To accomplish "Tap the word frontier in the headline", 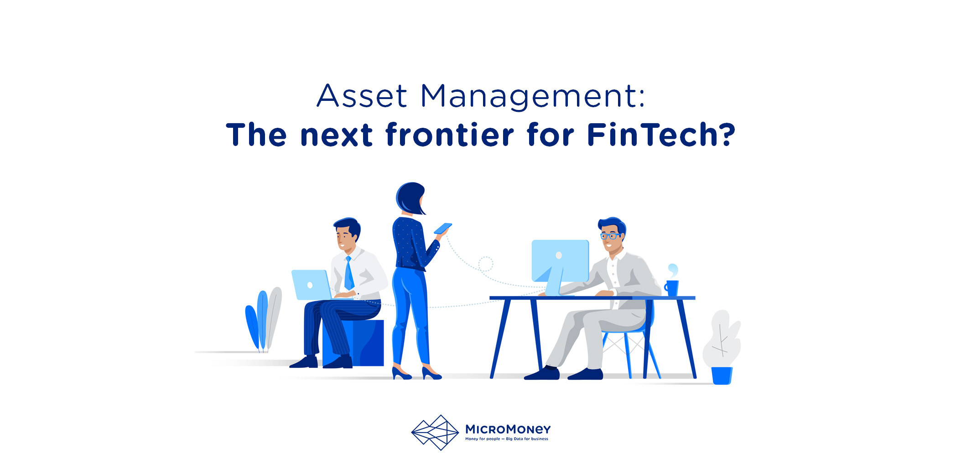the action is pyautogui.click(x=450, y=135).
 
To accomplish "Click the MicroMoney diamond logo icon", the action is pyautogui.click(x=435, y=432).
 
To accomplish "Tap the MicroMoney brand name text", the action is pyautogui.click(x=508, y=429).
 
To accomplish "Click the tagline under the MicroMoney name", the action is pyautogui.click(x=506, y=439).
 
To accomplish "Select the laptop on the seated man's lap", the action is pyautogui.click(x=312, y=285).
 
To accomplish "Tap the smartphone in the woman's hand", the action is pyautogui.click(x=442, y=228).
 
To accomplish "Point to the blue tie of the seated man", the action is pyautogui.click(x=349, y=273).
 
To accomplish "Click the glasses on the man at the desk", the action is pyautogui.click(x=610, y=236).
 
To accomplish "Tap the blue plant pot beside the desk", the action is pyautogui.click(x=722, y=376).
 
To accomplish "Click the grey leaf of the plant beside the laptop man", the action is pyautogui.click(x=274, y=317).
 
